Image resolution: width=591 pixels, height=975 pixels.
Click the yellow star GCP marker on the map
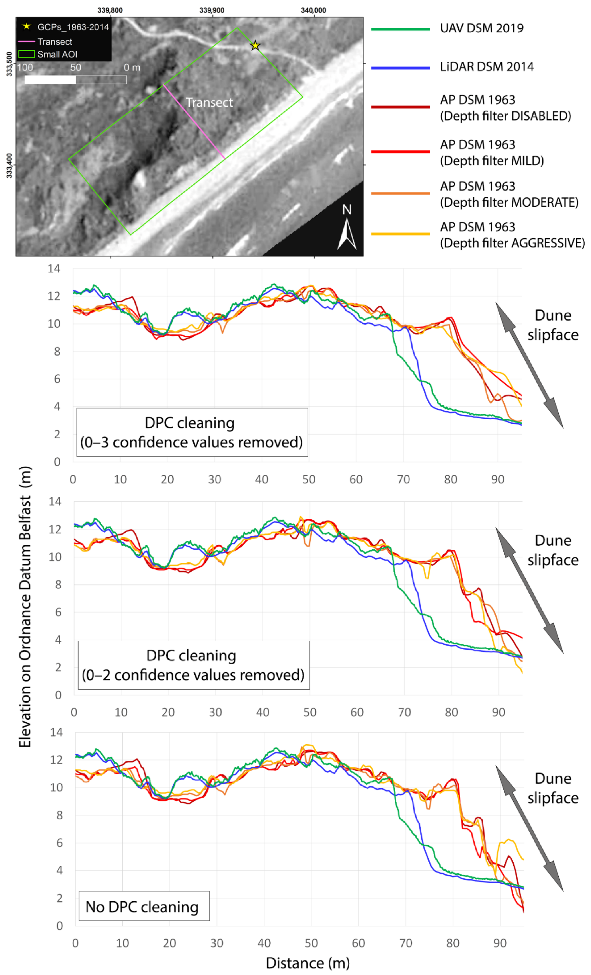pos(255,46)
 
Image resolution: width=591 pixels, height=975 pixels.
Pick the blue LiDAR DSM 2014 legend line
pos(401,68)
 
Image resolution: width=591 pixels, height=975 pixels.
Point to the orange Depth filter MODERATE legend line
pos(401,193)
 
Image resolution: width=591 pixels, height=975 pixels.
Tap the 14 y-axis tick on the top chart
pos(54,269)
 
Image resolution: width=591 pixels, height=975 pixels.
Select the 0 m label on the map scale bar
pos(132,68)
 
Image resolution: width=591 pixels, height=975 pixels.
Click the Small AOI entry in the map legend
pos(57,54)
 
